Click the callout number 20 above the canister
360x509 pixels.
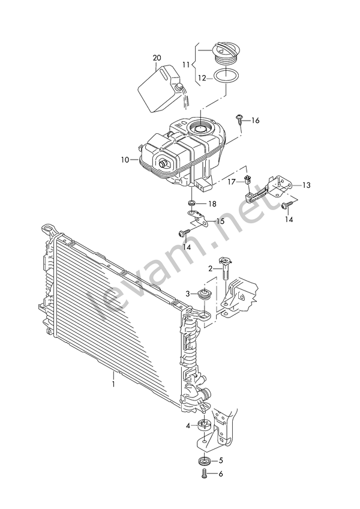157,58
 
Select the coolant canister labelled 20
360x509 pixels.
160,89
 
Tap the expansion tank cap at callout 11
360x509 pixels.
226,55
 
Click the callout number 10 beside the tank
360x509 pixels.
125,160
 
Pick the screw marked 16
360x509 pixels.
239,119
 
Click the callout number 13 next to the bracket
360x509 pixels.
306,185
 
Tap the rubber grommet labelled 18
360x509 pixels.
192,203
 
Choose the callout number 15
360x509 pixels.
220,221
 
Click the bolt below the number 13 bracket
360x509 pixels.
287,205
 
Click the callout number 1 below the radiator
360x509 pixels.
113,384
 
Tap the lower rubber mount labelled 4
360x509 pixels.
204,425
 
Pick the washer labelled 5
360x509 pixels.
204,460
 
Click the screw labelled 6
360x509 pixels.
203,474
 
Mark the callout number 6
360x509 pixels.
221,474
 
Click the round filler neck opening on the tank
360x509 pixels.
200,128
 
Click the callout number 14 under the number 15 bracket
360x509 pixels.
187,246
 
